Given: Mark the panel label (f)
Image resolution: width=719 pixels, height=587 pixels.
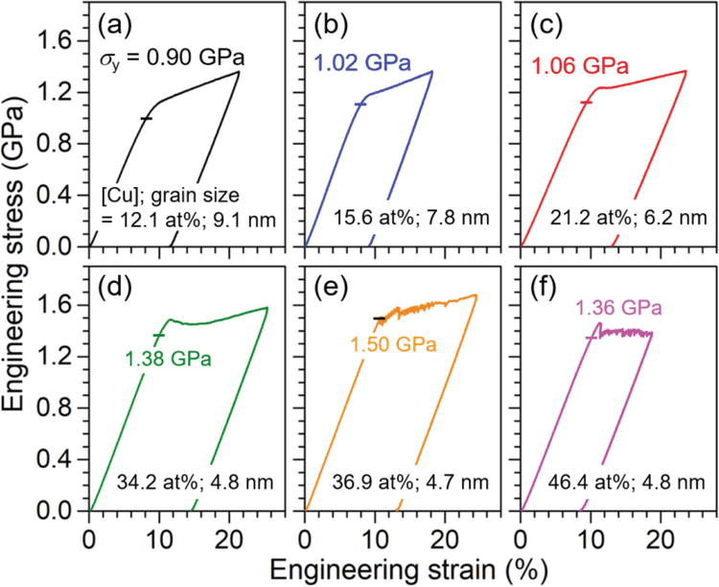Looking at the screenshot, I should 545,288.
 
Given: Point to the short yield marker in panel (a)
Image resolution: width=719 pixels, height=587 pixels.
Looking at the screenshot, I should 146,118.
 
